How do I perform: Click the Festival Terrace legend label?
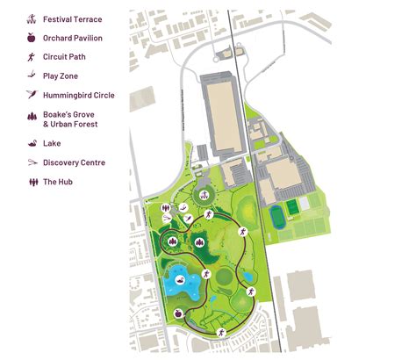click(73, 18)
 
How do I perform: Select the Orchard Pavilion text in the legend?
click(73, 38)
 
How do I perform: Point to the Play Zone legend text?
click(61, 76)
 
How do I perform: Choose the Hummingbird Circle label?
click(78, 96)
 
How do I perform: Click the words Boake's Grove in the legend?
click(68, 115)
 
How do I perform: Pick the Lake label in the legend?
click(51, 143)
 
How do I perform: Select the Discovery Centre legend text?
click(74, 162)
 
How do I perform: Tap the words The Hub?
click(58, 182)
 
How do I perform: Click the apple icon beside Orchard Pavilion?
click(32, 38)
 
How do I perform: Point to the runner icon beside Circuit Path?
click(32, 57)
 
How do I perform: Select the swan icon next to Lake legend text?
click(32, 143)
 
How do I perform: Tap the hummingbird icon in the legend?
click(32, 96)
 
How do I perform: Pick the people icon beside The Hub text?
click(32, 182)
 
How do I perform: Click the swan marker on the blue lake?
click(180, 280)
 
